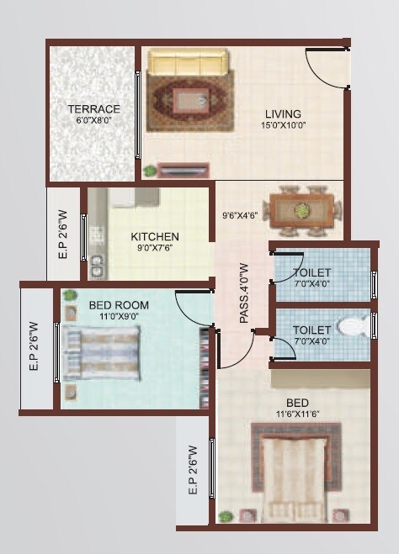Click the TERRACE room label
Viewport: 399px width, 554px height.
(x=93, y=109)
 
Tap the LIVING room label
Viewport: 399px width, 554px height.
(x=283, y=114)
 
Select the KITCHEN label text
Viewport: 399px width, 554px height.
(x=154, y=237)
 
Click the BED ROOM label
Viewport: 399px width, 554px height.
(x=120, y=305)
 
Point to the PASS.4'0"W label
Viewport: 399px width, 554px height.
(x=244, y=293)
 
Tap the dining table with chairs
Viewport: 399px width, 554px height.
(x=301, y=211)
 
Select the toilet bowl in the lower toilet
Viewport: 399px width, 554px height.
(x=354, y=324)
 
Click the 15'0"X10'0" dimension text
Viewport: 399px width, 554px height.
(x=283, y=126)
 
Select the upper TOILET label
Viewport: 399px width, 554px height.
(x=311, y=272)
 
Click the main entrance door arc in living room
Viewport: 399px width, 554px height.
(x=324, y=67)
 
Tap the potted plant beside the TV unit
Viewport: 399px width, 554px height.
(x=150, y=171)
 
